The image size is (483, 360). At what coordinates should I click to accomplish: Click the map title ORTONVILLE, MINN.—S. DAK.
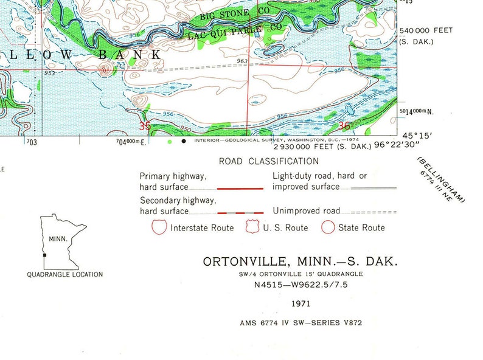click(x=301, y=262)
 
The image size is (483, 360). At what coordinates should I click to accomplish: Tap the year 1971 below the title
click(x=301, y=303)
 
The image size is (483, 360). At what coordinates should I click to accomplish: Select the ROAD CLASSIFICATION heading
click(x=269, y=161)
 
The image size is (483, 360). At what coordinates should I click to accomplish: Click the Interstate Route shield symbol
click(x=159, y=227)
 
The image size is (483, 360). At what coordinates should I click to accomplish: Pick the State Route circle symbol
click(x=328, y=227)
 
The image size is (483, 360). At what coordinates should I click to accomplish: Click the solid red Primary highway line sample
click(x=240, y=189)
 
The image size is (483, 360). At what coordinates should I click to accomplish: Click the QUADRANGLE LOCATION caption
click(x=65, y=275)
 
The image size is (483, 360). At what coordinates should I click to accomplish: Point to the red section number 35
click(x=145, y=126)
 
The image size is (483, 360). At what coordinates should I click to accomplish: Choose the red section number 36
click(x=344, y=126)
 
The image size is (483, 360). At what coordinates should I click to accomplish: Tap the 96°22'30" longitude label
click(x=397, y=146)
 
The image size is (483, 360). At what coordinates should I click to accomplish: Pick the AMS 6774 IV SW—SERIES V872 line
click(x=301, y=323)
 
